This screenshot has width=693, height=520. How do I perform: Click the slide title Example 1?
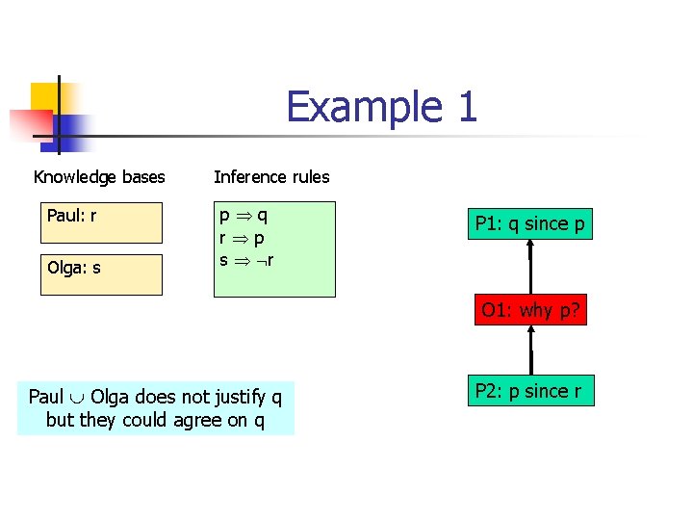click(381, 106)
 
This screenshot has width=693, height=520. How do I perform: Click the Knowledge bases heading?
click(99, 177)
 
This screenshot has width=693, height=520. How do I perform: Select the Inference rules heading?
click(271, 177)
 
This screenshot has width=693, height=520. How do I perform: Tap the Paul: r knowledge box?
click(101, 222)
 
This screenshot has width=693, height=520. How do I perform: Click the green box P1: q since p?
click(529, 224)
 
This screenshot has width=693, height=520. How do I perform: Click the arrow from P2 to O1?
click(531, 350)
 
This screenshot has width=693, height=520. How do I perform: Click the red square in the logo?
click(29, 124)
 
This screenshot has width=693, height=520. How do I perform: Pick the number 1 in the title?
click(467, 106)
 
